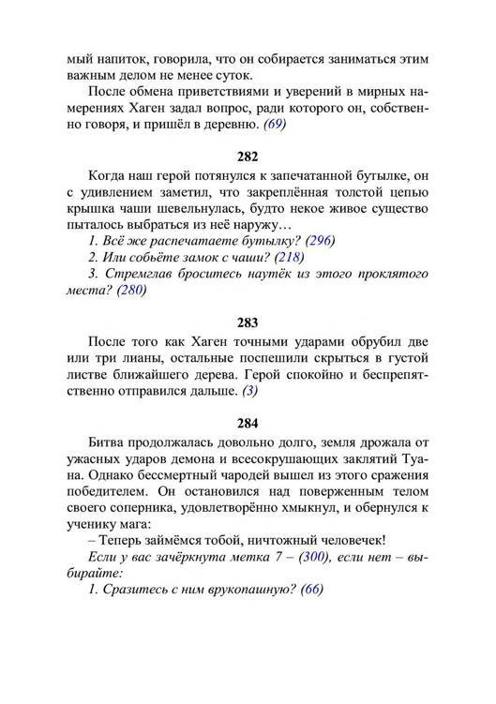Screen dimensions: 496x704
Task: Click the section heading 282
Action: point(248,154)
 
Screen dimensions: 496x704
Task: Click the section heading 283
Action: point(248,323)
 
